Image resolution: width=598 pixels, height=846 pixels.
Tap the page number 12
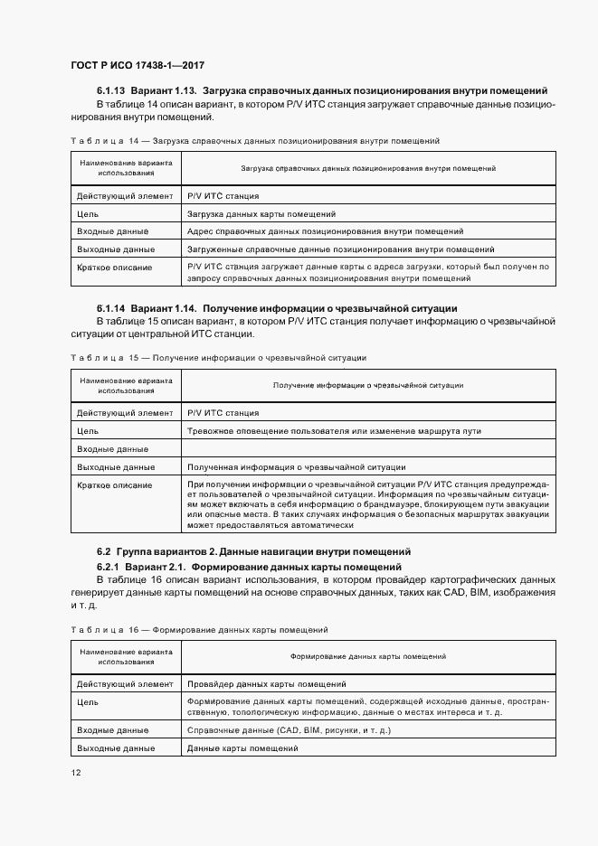pos(76,772)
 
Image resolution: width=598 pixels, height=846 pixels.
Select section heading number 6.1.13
pos(110,91)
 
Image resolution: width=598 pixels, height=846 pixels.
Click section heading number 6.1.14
pos(110,308)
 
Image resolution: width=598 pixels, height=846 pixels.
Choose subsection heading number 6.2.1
pos(110,566)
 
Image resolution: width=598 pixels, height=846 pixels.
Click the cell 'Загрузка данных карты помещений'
pos(261,214)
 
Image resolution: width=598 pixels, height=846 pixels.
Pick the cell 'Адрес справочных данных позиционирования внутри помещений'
pos(325,231)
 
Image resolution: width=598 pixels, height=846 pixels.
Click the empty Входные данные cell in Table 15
pos(368,449)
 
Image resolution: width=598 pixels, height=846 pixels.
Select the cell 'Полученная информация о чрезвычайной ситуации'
pos(296,467)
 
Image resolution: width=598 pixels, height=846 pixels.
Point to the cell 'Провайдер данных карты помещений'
pos(266,684)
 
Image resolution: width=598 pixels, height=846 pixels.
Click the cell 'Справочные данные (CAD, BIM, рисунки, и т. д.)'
pos(289,729)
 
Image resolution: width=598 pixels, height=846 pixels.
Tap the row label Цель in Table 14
pos(88,214)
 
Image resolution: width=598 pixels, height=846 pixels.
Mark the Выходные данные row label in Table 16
pos(116,747)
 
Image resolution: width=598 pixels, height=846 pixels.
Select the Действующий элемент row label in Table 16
pos(125,684)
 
